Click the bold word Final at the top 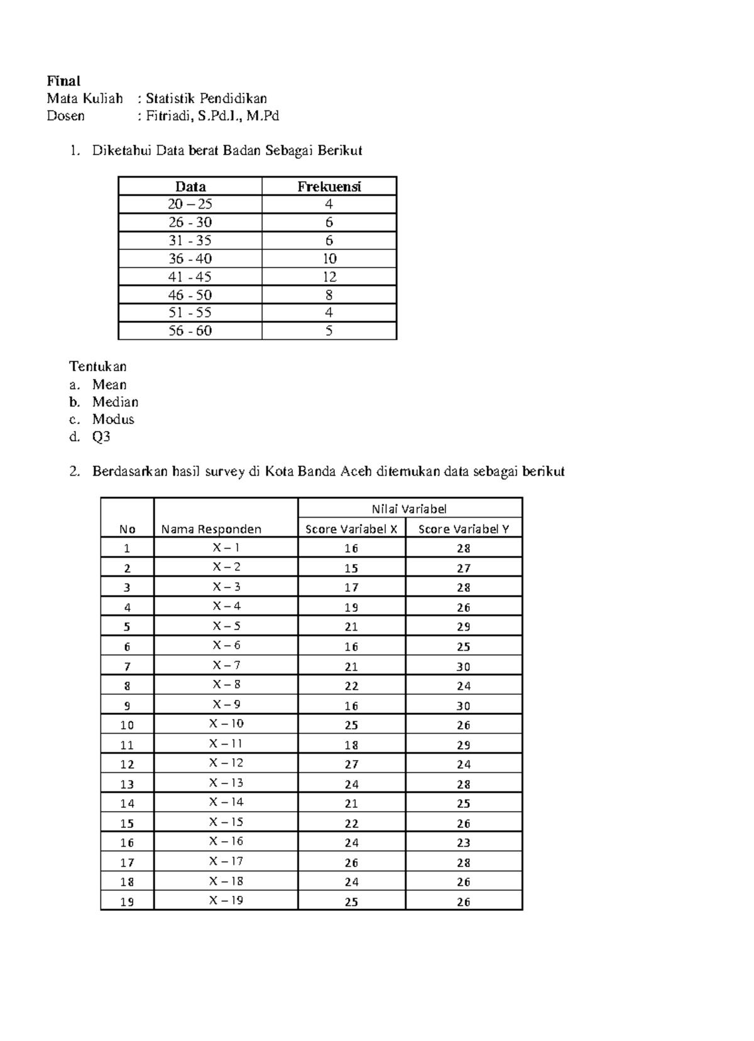(x=63, y=81)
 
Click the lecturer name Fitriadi (x=168, y=116)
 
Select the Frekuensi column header (x=329, y=187)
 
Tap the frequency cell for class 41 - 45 (x=329, y=276)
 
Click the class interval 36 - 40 (x=190, y=258)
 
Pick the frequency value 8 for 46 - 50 (x=329, y=295)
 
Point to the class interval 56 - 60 (x=190, y=330)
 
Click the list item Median (x=115, y=402)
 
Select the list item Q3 (x=101, y=437)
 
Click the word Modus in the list (x=113, y=419)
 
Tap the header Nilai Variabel (x=409, y=509)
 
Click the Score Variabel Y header (x=463, y=529)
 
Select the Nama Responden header (x=211, y=529)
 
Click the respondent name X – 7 (x=226, y=665)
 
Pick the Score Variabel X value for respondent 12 (x=351, y=764)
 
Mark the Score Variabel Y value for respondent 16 (x=464, y=842)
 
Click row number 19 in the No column (x=127, y=902)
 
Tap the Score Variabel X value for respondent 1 (x=351, y=548)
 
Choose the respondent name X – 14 (x=226, y=802)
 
